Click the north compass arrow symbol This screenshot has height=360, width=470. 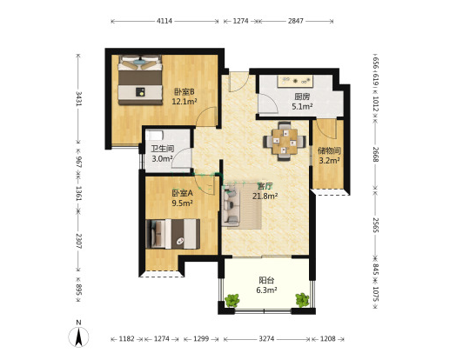(x=78, y=337)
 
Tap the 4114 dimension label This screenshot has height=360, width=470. (x=164, y=21)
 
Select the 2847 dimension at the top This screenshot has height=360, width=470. (x=296, y=21)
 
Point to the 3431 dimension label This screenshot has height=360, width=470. (x=78, y=99)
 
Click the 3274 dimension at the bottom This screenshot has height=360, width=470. (x=266, y=339)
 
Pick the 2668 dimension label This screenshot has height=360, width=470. (x=376, y=155)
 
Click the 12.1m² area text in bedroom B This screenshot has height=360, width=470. (x=184, y=102)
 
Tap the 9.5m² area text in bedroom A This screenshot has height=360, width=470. (x=182, y=203)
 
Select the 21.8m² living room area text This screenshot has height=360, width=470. (x=265, y=197)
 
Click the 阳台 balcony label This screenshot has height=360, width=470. (x=266, y=280)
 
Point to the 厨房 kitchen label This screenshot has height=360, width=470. (x=302, y=97)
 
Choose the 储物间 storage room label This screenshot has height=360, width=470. (x=329, y=150)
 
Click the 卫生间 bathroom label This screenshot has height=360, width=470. (x=162, y=149)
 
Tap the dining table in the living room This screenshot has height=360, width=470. (x=285, y=141)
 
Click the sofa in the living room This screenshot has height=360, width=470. (x=231, y=205)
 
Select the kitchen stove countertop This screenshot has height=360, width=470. (x=295, y=81)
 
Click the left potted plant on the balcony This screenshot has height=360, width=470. (x=232, y=300)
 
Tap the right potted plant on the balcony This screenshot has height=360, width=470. (x=302, y=300)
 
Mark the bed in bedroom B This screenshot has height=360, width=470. (x=140, y=80)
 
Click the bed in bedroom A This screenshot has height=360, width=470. (x=172, y=234)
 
